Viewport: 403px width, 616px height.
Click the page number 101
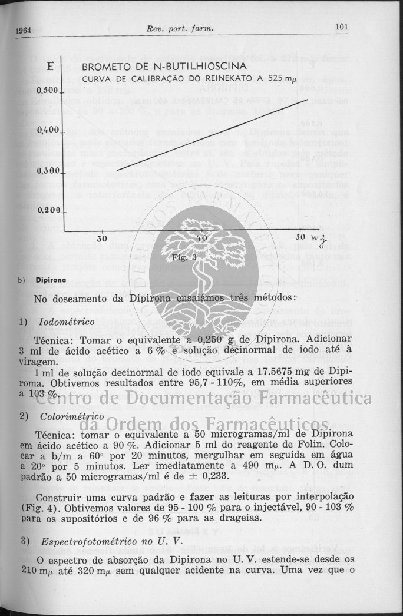coord(342,27)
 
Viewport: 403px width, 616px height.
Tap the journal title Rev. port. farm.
coord(180,28)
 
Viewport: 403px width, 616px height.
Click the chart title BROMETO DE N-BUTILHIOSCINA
coord(164,67)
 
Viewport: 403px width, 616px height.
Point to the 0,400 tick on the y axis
coord(47,130)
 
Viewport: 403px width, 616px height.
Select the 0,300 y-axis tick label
coord(47,170)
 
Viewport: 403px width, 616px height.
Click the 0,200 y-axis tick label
coord(47,210)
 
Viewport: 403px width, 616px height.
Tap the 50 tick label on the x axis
coord(301,237)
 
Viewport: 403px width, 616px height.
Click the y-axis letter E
coord(51,67)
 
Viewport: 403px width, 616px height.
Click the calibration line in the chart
coord(212,135)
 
